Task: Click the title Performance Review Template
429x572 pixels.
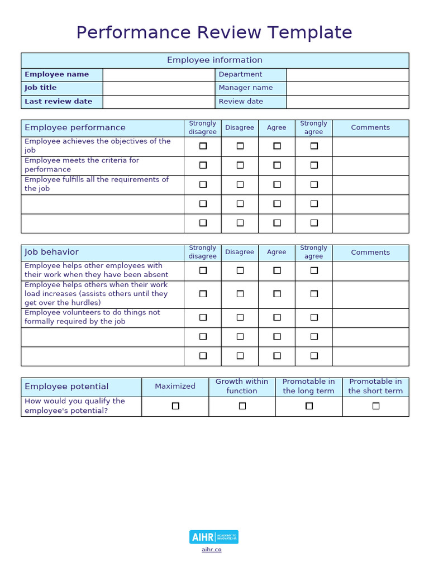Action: click(x=214, y=32)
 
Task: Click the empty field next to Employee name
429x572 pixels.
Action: click(x=159, y=75)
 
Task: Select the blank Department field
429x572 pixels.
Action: click(x=347, y=75)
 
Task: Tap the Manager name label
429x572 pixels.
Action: click(x=246, y=88)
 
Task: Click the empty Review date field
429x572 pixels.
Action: click(x=347, y=102)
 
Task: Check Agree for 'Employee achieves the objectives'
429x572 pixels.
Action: click(x=277, y=146)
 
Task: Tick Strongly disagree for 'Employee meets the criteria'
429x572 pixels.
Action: click(x=203, y=165)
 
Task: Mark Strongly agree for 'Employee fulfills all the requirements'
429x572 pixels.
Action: click(x=314, y=184)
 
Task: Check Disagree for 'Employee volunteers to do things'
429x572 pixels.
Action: click(x=240, y=317)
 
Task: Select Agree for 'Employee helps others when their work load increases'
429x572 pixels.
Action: click(x=277, y=294)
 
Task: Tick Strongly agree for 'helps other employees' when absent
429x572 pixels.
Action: click(x=314, y=270)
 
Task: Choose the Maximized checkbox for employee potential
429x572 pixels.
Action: click(x=175, y=406)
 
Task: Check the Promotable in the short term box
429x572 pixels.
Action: click(x=375, y=406)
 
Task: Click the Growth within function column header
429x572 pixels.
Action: click(x=242, y=387)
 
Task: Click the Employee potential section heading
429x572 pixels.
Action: click(x=66, y=387)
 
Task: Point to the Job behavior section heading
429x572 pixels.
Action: click(x=51, y=252)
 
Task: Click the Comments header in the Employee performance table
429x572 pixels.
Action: click(x=370, y=127)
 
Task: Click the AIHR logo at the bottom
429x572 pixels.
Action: click(x=214, y=537)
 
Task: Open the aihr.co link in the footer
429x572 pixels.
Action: click(x=212, y=550)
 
